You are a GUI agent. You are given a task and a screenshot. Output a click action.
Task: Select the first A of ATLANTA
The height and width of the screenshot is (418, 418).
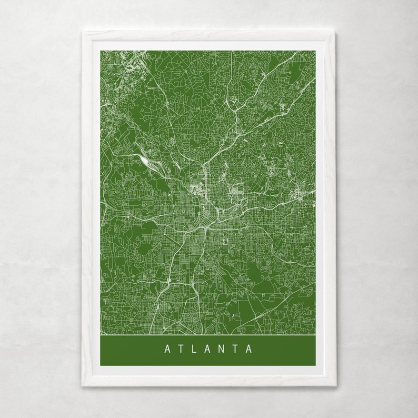[x=167, y=349]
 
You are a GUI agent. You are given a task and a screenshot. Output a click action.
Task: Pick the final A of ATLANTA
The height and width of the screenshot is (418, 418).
[x=249, y=349]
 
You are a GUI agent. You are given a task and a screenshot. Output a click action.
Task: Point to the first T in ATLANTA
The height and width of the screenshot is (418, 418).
[x=181, y=349]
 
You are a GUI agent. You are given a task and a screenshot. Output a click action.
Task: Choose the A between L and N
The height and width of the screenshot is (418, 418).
[x=208, y=349]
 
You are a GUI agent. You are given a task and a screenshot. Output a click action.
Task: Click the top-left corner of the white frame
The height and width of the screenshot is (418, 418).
[x=82, y=32]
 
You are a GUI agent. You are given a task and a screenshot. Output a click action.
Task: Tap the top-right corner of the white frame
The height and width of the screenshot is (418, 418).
[x=336, y=32]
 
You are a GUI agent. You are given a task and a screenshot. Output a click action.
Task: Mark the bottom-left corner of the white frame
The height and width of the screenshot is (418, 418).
[x=82, y=386]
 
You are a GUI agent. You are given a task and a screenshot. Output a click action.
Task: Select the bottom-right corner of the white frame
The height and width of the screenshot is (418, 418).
[x=336, y=386]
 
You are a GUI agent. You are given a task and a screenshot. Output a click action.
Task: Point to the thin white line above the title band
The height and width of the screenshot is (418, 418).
[x=208, y=334]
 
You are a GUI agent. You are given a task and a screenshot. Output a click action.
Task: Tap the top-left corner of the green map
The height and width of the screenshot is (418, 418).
[x=101, y=51]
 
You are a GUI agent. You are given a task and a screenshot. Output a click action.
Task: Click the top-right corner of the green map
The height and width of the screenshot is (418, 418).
[x=315, y=51]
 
